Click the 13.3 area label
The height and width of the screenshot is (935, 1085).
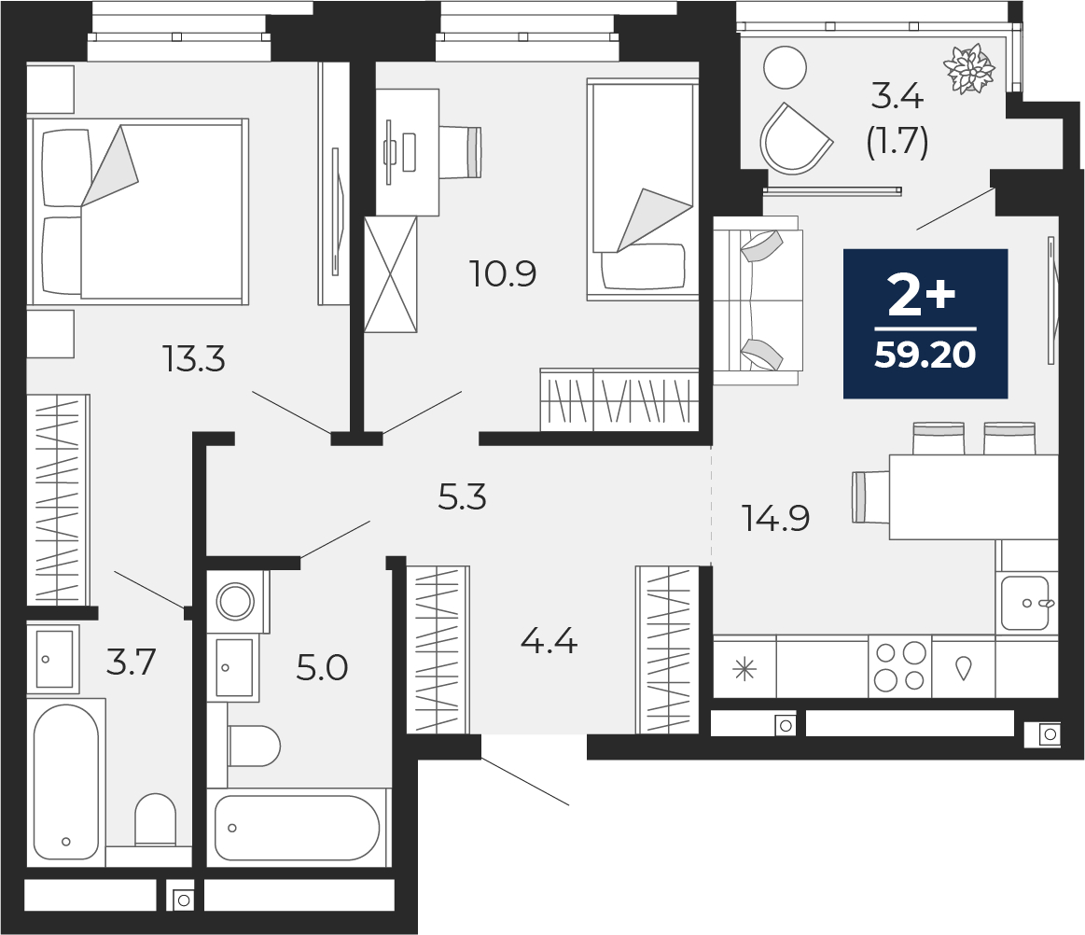point(195,358)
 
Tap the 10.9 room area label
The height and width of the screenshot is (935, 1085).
point(504,274)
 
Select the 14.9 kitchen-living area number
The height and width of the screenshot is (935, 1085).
point(774,517)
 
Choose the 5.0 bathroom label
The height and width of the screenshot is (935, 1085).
point(322,668)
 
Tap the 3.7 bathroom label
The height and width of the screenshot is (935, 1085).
point(131,663)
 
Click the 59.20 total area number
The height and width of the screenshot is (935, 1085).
point(925,356)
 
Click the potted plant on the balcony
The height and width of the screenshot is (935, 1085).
point(970,69)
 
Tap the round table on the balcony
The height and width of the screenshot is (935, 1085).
point(785,67)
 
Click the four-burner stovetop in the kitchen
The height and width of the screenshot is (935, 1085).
point(899,666)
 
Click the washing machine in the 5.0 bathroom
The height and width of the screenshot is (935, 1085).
point(237,600)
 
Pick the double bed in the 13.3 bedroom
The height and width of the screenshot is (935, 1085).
point(140,211)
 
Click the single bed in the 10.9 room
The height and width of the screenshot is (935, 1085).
point(643,189)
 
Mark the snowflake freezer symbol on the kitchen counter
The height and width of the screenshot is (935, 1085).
point(744,668)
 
